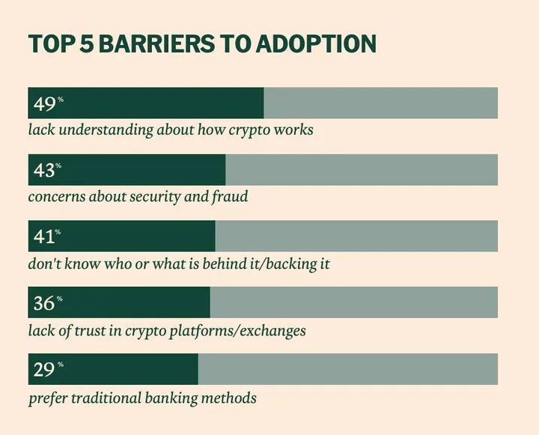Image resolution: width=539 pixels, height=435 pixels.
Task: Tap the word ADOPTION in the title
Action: [x=314, y=43]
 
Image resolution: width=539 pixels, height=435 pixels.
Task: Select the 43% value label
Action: [x=47, y=170]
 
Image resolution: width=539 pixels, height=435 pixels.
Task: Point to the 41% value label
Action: [x=47, y=237]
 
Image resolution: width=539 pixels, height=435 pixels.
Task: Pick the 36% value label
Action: [x=47, y=302]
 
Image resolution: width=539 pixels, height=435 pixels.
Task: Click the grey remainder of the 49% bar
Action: [x=380, y=103]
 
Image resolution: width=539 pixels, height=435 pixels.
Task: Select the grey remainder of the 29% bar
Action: [x=347, y=369]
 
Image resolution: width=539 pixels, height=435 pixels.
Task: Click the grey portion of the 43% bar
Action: [x=361, y=170]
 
